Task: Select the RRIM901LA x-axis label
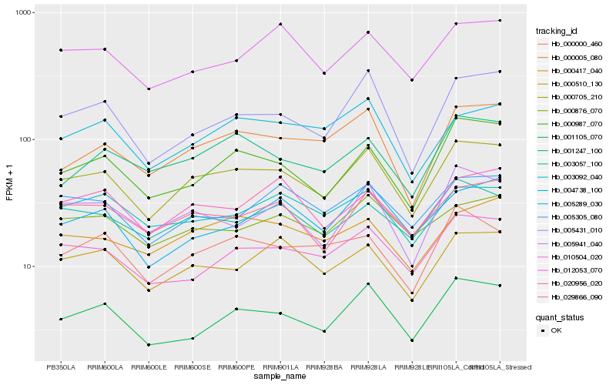(x=280, y=367)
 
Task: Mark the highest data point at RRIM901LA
(x=280, y=25)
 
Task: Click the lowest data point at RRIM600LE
(x=149, y=344)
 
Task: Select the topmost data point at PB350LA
(x=61, y=50)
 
